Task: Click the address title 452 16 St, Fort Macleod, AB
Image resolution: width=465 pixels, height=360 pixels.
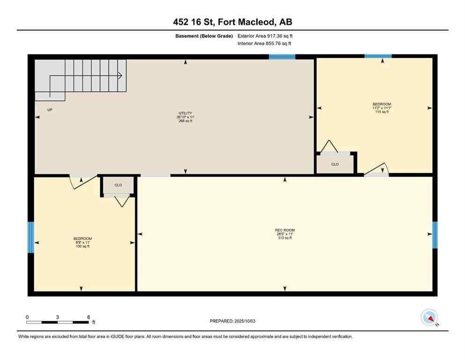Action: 232,22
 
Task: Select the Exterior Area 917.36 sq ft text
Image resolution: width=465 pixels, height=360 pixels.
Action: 266,36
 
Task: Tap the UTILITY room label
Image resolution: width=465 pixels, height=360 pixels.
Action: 185,117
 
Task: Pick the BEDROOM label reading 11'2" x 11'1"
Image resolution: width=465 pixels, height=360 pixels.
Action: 382,108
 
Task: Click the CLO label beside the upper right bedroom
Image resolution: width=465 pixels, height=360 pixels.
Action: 335,165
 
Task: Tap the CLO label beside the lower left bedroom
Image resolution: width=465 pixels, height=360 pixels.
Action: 118,185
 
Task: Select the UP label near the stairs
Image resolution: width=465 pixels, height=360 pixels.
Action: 50,110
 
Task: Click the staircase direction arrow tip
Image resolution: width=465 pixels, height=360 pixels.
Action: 121,75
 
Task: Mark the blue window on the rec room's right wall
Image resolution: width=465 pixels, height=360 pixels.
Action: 435,235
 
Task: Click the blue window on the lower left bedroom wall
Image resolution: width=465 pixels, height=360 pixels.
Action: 31,237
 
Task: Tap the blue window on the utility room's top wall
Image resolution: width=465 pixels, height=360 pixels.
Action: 282,57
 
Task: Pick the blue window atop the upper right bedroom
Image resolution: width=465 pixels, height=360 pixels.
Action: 378,56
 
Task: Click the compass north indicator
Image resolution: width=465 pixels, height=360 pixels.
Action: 429,318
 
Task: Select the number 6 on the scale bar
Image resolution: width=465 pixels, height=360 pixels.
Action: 89,317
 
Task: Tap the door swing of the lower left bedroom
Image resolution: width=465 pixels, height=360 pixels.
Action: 81,182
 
